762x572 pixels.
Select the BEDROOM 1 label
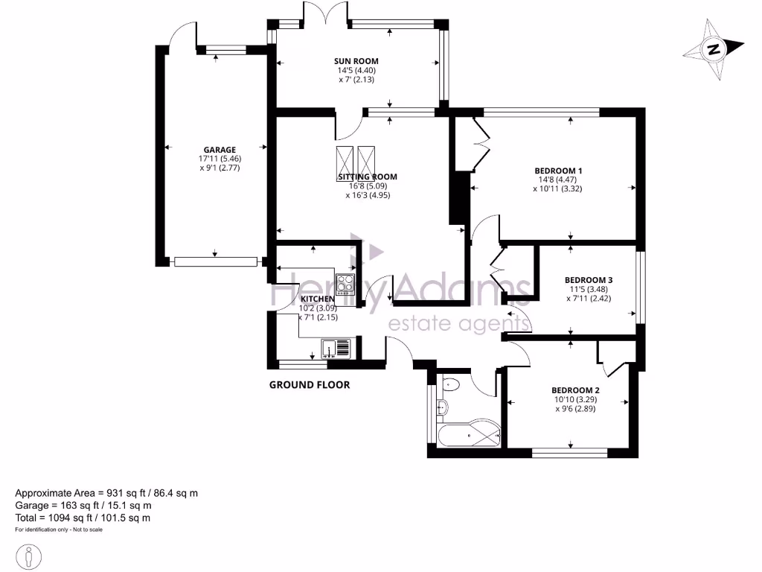pyautogui.click(x=557, y=171)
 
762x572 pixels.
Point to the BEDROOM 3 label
pyautogui.click(x=589, y=281)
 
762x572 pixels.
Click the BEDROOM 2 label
pyautogui.click(x=575, y=390)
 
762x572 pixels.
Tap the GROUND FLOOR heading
pyautogui.click(x=309, y=385)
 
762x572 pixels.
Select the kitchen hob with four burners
pyautogui.click(x=345, y=284)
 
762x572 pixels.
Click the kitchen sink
pyautogui.click(x=336, y=348)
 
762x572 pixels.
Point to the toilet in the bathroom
pyautogui.click(x=450, y=384)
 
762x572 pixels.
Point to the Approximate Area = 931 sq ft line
pyautogui.click(x=106, y=493)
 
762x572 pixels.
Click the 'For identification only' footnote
pyautogui.click(x=59, y=530)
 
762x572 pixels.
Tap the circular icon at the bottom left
pyautogui.click(x=29, y=556)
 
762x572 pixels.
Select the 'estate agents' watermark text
pyautogui.click(x=460, y=324)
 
